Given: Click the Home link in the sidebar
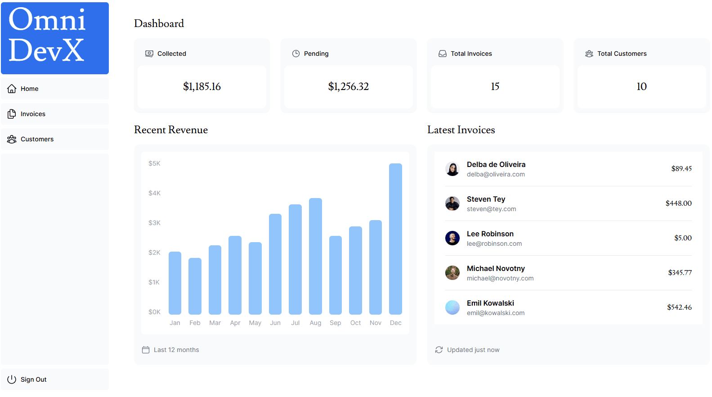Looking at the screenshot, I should tap(29, 89).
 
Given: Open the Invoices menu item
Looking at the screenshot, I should tap(32, 114).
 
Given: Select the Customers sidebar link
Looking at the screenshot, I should tap(36, 139).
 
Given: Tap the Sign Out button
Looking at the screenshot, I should tap(33, 379).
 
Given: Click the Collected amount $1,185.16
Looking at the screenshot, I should tap(202, 86).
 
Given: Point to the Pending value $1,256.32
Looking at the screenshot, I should tap(348, 86).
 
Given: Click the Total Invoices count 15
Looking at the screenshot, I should tap(495, 86).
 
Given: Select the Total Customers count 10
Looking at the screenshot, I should tap(641, 86).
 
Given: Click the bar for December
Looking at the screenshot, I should tap(395, 239).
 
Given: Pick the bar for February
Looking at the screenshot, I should tap(195, 286).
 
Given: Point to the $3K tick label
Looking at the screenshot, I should tap(154, 223).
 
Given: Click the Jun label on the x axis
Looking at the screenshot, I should tap(275, 323).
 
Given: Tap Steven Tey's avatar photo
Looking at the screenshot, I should tap(452, 203).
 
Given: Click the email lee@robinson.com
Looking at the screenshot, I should tap(494, 244).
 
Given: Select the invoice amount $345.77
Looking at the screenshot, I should tap(680, 272).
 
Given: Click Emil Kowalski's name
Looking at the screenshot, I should tap(490, 303).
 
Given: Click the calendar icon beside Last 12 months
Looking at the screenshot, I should tap(146, 350).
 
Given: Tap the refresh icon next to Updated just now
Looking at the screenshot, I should tap(439, 350).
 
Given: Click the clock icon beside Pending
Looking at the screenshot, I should tap(296, 54).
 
